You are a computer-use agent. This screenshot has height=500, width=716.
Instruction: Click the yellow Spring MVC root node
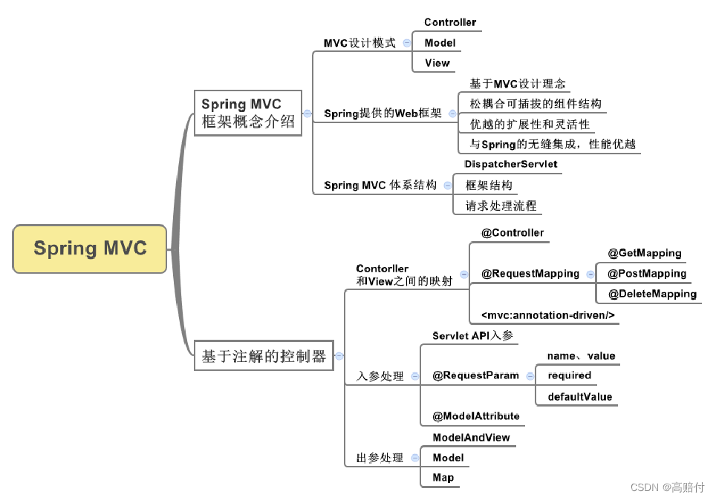(90, 249)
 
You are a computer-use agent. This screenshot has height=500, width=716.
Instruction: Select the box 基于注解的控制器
(264, 357)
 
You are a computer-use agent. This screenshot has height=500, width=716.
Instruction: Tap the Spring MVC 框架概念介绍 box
(248, 113)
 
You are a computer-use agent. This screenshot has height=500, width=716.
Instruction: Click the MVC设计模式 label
(359, 43)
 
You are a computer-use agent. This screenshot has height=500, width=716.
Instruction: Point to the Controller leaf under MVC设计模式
(450, 22)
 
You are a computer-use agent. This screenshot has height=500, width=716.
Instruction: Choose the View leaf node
(437, 63)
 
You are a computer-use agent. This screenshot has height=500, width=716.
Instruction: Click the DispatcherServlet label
(510, 164)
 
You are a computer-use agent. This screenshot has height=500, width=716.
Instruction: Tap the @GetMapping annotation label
(644, 253)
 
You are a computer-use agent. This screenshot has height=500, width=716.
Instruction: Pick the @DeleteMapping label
(652, 294)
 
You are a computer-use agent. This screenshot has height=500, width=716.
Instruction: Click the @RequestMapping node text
(530, 274)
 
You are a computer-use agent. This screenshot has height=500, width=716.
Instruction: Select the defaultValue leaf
(580, 397)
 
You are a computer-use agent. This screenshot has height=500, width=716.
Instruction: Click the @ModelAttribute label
(476, 416)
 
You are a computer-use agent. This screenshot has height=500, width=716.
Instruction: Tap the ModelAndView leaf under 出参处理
(471, 438)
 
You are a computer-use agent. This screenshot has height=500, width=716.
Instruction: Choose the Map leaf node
(443, 478)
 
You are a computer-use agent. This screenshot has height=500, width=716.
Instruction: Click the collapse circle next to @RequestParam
(527, 376)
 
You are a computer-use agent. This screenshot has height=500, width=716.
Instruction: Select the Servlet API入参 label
(472, 336)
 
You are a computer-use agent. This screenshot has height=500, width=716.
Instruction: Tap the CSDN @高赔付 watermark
(666, 487)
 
